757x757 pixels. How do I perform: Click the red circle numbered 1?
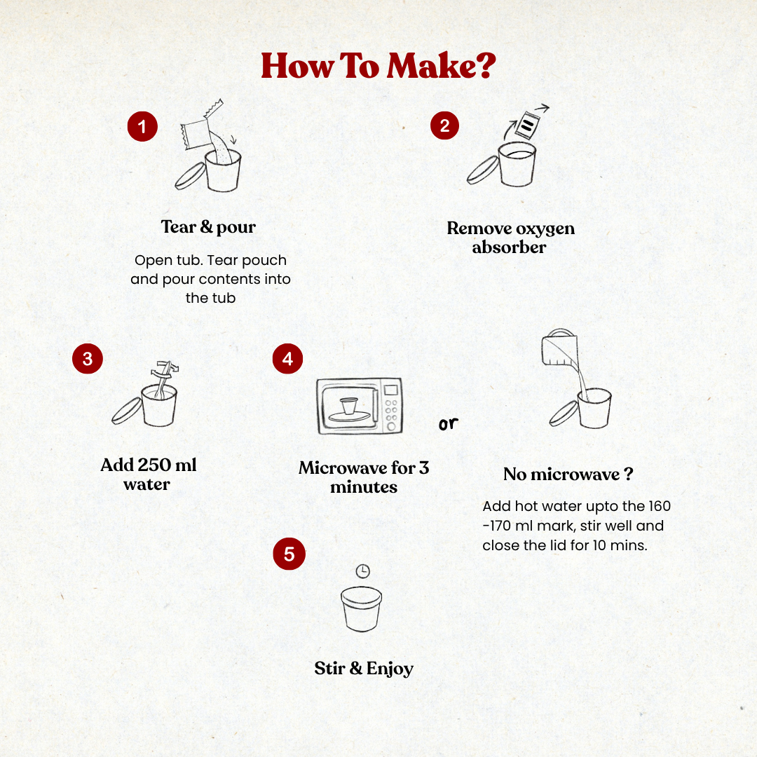[x=142, y=126]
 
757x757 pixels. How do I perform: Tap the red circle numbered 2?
[x=444, y=125]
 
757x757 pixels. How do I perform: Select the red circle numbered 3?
[x=88, y=359]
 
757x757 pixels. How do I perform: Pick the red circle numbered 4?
[x=288, y=359]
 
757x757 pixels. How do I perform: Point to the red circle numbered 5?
[x=289, y=554]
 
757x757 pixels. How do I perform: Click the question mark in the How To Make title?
[x=485, y=64]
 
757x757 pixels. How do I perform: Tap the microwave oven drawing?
[x=359, y=406]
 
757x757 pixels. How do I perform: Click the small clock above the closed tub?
[x=362, y=571]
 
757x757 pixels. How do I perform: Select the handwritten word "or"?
[x=448, y=423]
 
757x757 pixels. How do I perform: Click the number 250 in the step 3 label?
[x=154, y=465]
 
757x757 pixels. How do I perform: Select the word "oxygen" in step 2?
[x=545, y=229]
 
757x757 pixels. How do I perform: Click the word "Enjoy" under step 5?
[x=390, y=669]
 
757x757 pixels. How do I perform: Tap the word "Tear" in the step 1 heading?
[x=179, y=226]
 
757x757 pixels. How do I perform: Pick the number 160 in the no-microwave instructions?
[x=660, y=506]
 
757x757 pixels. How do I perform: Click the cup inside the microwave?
[x=348, y=407]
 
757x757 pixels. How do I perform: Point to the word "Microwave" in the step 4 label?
[x=343, y=468]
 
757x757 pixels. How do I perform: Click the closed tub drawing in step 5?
[x=362, y=608]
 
